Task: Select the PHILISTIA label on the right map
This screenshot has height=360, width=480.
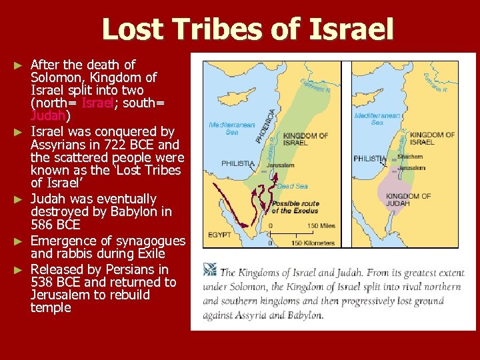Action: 369,159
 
